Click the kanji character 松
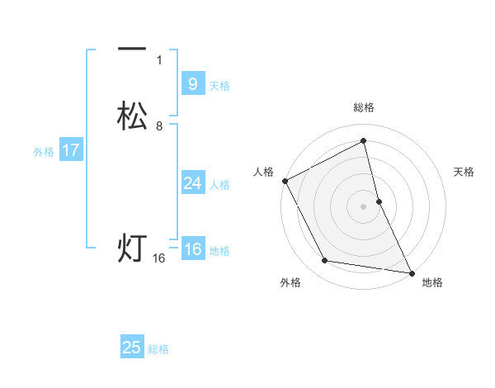coord(132,116)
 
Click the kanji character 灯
coord(132,248)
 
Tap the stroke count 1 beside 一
coord(159,59)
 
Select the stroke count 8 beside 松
coord(159,126)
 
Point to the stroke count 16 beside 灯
coord(159,258)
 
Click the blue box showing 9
coord(192,84)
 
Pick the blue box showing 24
coord(192,183)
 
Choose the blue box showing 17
coord(71,150)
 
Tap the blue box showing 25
coord(132,348)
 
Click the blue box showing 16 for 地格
coord(192,249)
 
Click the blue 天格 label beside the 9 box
coord(219,86)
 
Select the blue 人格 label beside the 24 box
coord(219,185)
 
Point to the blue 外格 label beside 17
coord(44,152)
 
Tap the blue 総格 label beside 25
coord(158,349)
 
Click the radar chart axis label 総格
coord(364,107)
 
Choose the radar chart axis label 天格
coord(464,172)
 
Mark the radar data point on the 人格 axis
coord(285,180)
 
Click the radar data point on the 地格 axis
coord(411,272)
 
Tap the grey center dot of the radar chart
coord(363,206)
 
